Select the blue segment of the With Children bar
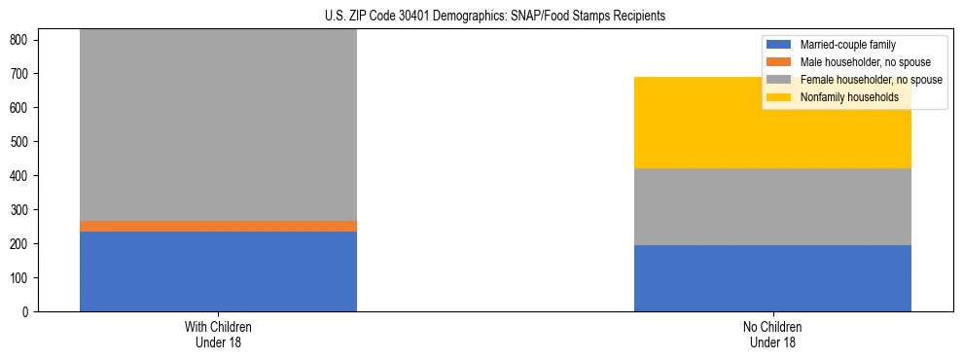click(218, 271)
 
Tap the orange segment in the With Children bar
click(218, 226)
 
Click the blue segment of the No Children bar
click(772, 278)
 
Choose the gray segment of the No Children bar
click(772, 206)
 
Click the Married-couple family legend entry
click(847, 45)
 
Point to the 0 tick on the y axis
click(27, 312)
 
